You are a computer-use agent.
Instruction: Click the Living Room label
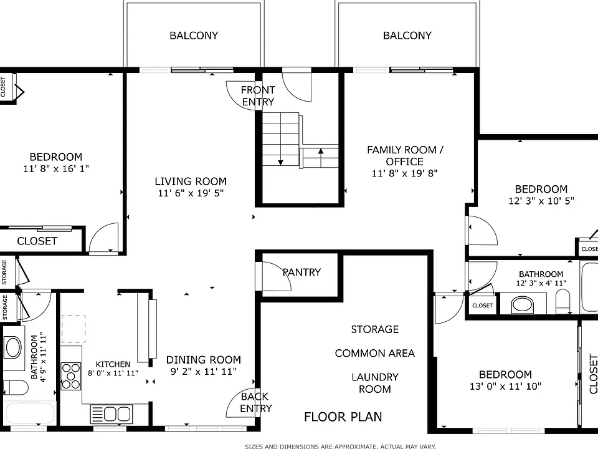click(x=191, y=181)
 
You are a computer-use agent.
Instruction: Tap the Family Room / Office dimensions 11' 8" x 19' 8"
click(x=405, y=173)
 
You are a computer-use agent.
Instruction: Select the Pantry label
click(x=301, y=273)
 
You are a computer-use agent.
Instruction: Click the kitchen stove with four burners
click(x=71, y=376)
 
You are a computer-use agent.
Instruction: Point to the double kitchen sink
click(x=112, y=414)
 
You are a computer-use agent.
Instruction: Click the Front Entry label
click(x=258, y=96)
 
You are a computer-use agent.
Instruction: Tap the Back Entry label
click(x=256, y=402)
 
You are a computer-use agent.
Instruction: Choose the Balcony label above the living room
click(x=194, y=36)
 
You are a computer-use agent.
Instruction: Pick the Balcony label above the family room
click(x=407, y=36)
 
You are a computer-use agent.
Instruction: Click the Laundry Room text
click(x=375, y=383)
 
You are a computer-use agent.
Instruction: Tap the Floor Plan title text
click(x=343, y=417)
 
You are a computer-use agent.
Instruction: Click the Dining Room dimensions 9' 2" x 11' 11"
click(x=203, y=372)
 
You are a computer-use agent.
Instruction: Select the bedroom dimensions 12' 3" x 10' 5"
click(x=541, y=201)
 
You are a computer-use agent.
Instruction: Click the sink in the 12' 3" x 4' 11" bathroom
click(x=522, y=304)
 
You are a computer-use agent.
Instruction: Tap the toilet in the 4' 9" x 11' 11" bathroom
click(x=15, y=388)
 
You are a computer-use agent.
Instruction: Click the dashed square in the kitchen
click(x=74, y=329)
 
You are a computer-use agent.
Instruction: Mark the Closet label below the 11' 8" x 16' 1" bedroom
click(x=37, y=241)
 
